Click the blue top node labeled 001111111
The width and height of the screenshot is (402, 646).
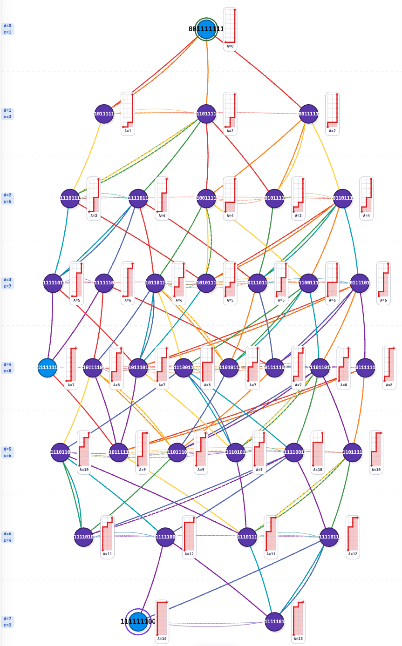[206, 29]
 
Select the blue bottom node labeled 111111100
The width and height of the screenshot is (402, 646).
[138, 621]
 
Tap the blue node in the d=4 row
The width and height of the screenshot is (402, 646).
[47, 368]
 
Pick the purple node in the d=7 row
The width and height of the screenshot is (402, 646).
[274, 621]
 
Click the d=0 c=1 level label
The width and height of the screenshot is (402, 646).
[7, 29]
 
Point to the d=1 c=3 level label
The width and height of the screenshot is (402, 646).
[7, 114]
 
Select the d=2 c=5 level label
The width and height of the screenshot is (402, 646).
[7, 198]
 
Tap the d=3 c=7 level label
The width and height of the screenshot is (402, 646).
[7, 283]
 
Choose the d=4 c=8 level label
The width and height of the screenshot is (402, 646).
[7, 368]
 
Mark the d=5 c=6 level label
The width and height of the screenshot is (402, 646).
[7, 452]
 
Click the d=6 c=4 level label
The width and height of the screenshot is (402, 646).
[7, 537]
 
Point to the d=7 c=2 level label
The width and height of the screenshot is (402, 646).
[7, 621]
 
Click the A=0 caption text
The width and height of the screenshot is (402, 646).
[230, 47]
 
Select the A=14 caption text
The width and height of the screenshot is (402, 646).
[162, 639]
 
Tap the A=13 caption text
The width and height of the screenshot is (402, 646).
[298, 639]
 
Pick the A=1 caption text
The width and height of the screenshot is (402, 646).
[128, 131]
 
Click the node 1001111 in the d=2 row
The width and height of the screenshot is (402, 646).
[206, 198]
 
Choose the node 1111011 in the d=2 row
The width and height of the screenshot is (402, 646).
[138, 198]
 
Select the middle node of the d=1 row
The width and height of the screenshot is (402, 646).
[206, 114]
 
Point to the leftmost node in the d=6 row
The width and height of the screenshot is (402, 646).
[83, 537]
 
